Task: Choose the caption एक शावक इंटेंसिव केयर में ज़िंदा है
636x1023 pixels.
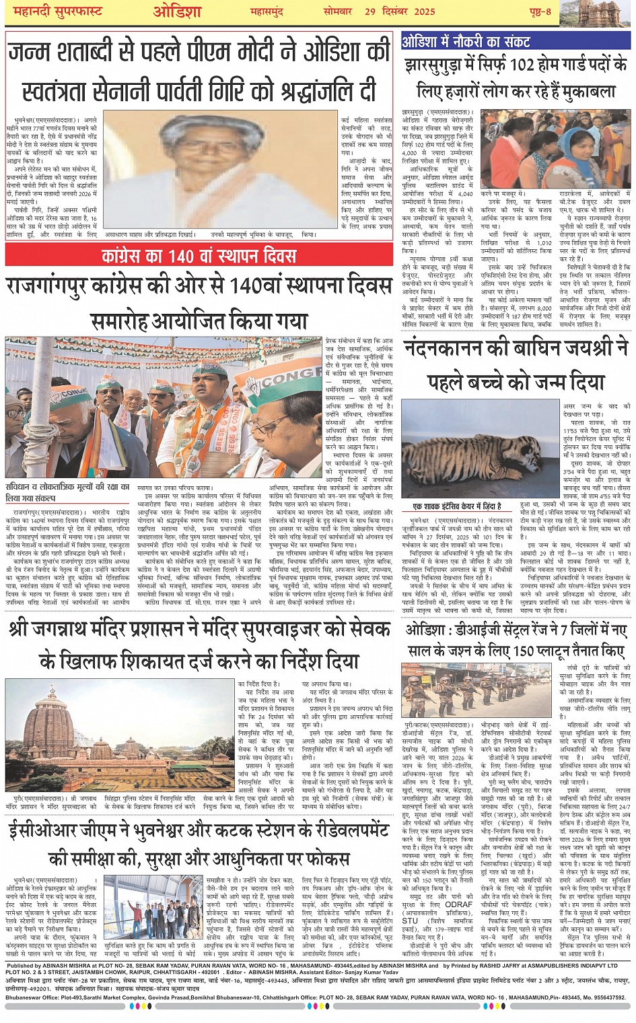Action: coord(457,506)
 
